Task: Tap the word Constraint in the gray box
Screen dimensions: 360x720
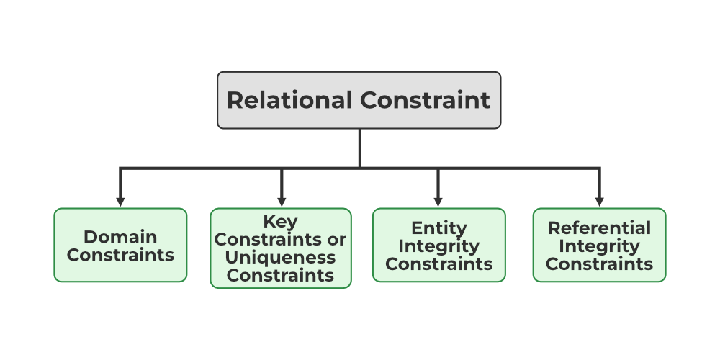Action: click(x=425, y=100)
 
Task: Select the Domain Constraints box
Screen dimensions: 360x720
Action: click(x=120, y=245)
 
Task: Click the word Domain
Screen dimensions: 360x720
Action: click(x=120, y=236)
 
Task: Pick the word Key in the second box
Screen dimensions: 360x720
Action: click(x=280, y=222)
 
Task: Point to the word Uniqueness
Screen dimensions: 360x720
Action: click(x=281, y=257)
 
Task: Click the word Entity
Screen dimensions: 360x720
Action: click(x=438, y=228)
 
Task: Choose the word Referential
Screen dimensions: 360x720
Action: click(x=599, y=228)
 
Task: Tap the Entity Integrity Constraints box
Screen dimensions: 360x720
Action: click(x=438, y=245)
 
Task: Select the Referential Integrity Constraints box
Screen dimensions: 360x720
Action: click(x=599, y=245)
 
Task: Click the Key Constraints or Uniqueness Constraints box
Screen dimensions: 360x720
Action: click(x=281, y=248)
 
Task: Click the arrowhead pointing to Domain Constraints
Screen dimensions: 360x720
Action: click(x=120, y=200)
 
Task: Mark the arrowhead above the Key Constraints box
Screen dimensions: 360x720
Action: click(x=281, y=200)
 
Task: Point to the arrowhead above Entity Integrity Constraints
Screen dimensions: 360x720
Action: click(x=438, y=200)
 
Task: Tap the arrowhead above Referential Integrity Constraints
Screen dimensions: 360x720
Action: click(x=599, y=200)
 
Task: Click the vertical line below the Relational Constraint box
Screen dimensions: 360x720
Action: click(x=360, y=148)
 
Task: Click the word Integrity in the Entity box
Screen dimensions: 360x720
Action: click(x=438, y=246)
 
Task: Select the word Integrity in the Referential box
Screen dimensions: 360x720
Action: click(x=599, y=246)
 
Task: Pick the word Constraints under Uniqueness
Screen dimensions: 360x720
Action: click(x=281, y=275)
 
